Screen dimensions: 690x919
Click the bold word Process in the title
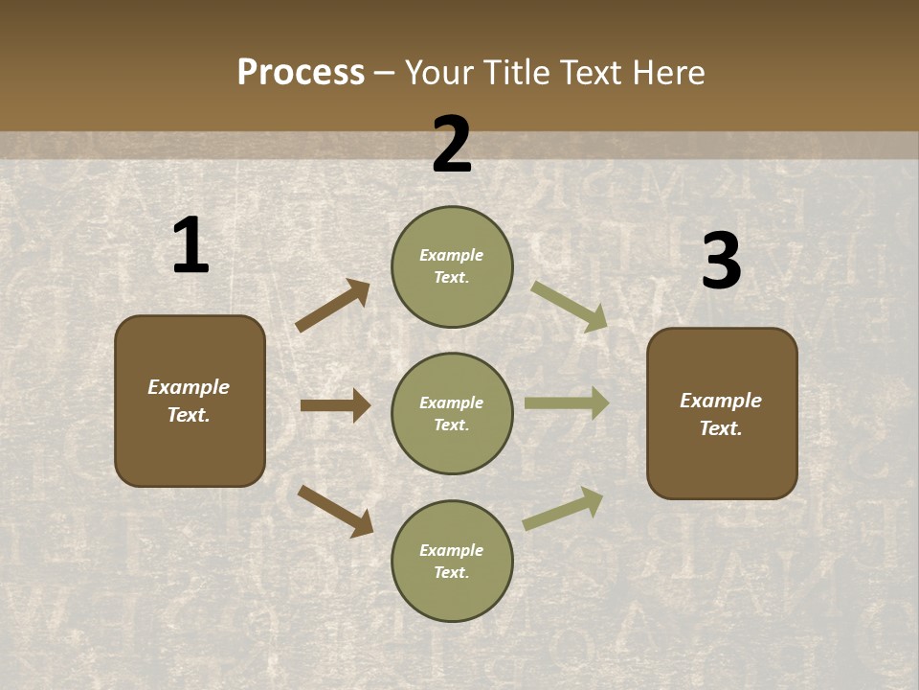[301, 73]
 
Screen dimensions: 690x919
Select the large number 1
[191, 246]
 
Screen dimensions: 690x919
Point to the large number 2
[452, 146]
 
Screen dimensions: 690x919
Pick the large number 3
[721, 262]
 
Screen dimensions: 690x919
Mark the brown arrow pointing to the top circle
[333, 306]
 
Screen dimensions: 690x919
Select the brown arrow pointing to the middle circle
[335, 405]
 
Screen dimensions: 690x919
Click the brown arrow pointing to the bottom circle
[335, 511]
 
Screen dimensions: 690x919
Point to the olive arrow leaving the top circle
[570, 306]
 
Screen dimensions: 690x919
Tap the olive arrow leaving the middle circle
[567, 403]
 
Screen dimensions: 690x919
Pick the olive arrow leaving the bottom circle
[563, 509]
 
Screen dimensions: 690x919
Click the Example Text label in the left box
[189, 401]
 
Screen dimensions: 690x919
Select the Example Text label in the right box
[721, 414]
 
